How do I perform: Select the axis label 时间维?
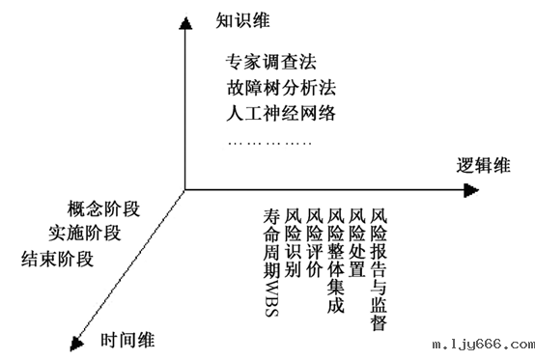tap(127, 339)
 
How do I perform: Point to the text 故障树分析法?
tap(278, 85)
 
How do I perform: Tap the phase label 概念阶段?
tap(105, 208)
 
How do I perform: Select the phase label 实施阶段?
tap(84, 233)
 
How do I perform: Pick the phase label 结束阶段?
tap(58, 259)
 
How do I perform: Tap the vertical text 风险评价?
tap(314, 241)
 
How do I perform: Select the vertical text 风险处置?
tap(357, 241)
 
